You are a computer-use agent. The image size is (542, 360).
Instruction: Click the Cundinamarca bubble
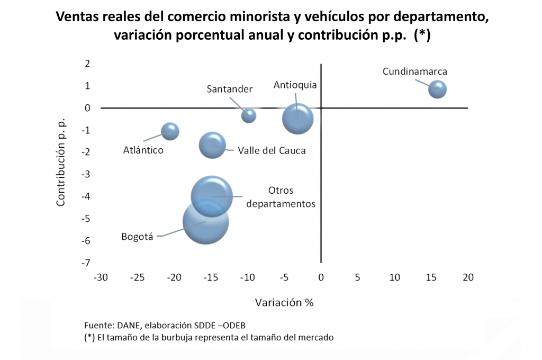(x=437, y=89)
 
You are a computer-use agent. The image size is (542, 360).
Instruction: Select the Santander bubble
(x=249, y=115)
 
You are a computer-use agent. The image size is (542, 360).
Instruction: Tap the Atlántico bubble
(x=170, y=131)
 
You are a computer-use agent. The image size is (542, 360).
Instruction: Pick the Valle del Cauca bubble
(x=212, y=146)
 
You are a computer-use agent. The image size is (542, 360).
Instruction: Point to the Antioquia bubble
(x=297, y=119)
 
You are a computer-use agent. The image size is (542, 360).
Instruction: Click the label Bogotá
(x=137, y=237)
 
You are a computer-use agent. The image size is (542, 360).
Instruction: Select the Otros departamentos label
(x=281, y=197)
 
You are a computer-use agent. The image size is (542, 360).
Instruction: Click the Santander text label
(x=229, y=89)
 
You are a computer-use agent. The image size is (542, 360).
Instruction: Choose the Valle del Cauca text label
(x=272, y=150)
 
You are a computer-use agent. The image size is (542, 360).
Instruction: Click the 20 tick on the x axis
(x=468, y=277)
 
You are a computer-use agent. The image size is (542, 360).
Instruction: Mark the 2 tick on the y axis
(x=87, y=64)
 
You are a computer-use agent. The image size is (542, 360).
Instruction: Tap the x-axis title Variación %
(x=284, y=303)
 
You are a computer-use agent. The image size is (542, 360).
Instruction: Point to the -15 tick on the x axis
(x=211, y=277)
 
